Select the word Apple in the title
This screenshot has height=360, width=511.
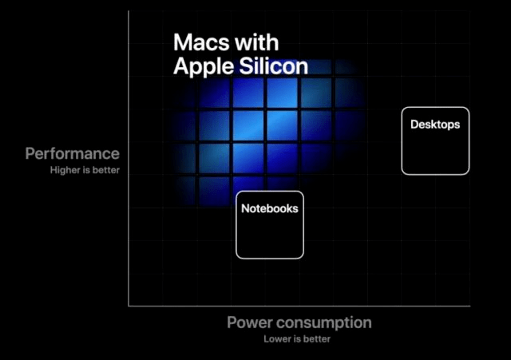coord(204,67)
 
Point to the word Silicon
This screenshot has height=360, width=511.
coord(274,66)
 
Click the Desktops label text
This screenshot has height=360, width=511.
coord(435,125)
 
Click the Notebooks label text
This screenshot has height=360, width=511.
coord(270,208)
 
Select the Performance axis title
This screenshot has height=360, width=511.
coord(73,153)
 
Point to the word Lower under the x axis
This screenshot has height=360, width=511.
coord(277,339)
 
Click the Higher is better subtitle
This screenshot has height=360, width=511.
coord(85,170)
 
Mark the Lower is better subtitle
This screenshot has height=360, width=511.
coord(297,339)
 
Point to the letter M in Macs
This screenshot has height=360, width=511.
coord(182,42)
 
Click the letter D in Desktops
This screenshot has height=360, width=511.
coord(414,125)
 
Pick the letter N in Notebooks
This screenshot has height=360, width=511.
coord(245,208)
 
